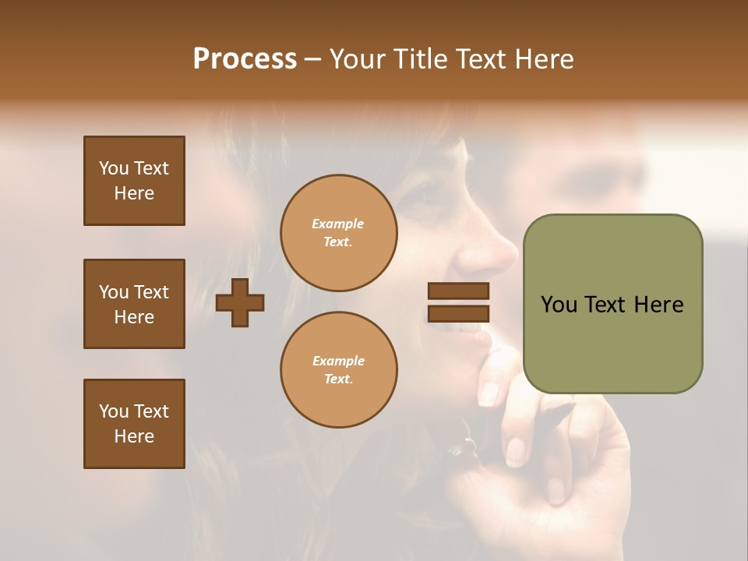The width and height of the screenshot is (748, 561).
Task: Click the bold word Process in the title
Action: tap(245, 59)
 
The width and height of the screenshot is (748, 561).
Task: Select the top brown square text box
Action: tap(134, 181)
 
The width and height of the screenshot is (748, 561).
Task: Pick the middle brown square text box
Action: tap(134, 304)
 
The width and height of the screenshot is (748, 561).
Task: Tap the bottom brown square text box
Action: tap(134, 424)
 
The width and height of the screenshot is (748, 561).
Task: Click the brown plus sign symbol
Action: tap(240, 302)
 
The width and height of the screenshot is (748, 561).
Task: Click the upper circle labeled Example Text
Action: tap(338, 233)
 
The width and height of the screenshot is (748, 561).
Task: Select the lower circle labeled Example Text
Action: tap(338, 370)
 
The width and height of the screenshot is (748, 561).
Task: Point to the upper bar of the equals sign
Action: tap(458, 291)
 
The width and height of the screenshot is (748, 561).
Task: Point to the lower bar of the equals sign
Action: tap(458, 313)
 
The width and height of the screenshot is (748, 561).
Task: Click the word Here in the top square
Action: tap(134, 193)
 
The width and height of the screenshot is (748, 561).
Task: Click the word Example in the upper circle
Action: tap(338, 224)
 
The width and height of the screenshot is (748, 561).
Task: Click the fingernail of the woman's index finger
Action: tap(489, 393)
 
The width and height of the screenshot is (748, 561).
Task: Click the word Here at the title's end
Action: tap(544, 59)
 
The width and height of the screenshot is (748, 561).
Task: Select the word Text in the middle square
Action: tap(151, 292)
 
